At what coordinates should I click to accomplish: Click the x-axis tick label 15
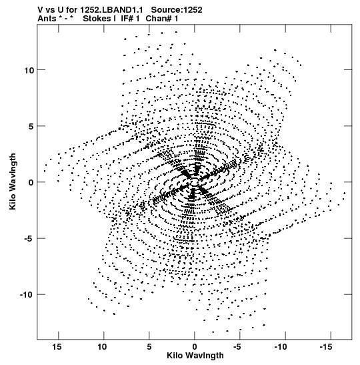pyautogui.click(x=57, y=347)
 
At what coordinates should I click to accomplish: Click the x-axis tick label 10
pyautogui.click(x=102, y=347)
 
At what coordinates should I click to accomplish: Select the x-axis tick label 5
pyautogui.click(x=149, y=347)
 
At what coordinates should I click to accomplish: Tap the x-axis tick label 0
pyautogui.click(x=195, y=347)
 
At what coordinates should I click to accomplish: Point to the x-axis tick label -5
pyautogui.click(x=237, y=347)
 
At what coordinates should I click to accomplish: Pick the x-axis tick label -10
pyautogui.click(x=281, y=347)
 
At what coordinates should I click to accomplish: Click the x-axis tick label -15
pyautogui.click(x=326, y=347)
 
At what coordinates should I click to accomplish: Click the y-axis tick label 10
pyautogui.click(x=29, y=70)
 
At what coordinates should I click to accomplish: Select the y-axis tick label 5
pyautogui.click(x=31, y=126)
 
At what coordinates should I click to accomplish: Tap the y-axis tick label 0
pyautogui.click(x=31, y=183)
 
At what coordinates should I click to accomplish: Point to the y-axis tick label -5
pyautogui.click(x=29, y=239)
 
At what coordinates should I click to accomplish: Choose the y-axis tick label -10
pyautogui.click(x=27, y=295)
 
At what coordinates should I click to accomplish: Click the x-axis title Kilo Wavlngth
pyautogui.click(x=195, y=356)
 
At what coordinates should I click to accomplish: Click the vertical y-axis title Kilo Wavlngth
pyautogui.click(x=13, y=181)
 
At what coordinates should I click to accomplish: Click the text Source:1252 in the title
pyautogui.click(x=177, y=10)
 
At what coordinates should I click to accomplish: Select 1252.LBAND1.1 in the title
pyautogui.click(x=111, y=10)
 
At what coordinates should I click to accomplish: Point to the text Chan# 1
pyautogui.click(x=162, y=19)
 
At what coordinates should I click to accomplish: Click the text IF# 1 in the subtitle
pyautogui.click(x=130, y=19)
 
